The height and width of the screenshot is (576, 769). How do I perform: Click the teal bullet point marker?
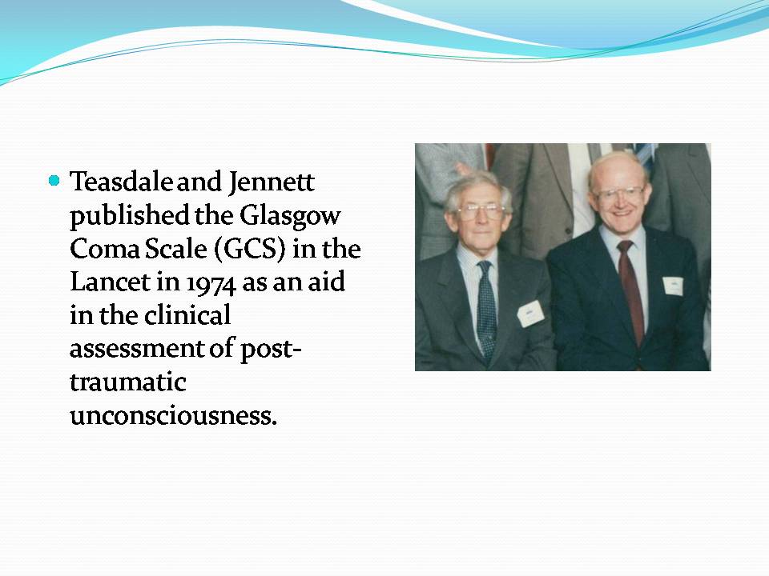(x=54, y=181)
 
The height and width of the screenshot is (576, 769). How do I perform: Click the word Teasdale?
(x=121, y=182)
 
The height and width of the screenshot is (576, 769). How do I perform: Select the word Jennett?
(x=271, y=182)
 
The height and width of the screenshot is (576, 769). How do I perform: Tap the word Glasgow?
(x=290, y=216)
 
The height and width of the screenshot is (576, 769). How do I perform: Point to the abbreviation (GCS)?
(x=250, y=249)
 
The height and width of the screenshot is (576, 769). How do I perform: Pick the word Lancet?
(x=111, y=282)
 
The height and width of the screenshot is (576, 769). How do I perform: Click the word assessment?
(x=136, y=350)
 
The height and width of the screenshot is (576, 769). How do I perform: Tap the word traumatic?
(x=128, y=382)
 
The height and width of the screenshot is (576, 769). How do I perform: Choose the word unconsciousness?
(x=174, y=416)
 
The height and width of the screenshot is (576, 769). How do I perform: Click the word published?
(x=130, y=216)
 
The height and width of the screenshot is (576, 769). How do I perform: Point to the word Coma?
(x=104, y=249)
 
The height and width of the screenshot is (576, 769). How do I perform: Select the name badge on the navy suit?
(x=672, y=286)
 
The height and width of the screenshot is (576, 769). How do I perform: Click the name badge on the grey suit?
(x=530, y=314)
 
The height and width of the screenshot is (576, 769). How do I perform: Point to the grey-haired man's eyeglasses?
(x=481, y=211)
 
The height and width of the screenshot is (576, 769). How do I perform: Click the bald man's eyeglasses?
(x=620, y=193)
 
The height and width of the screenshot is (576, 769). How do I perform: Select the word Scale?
(x=176, y=248)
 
